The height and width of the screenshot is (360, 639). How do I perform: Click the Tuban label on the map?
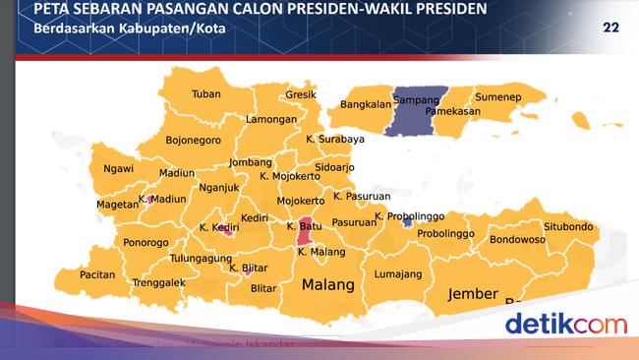tap(205, 95)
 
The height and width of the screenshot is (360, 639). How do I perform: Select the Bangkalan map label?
tap(365, 104)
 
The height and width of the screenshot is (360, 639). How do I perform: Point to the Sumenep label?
tap(497, 98)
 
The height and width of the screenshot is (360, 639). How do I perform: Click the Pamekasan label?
tap(453, 112)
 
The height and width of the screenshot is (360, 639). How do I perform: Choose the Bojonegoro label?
tap(193, 140)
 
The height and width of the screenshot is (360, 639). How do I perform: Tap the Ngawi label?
tap(118, 168)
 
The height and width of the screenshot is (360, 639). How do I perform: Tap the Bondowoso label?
tap(517, 239)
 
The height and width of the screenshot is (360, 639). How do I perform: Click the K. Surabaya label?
tap(334, 140)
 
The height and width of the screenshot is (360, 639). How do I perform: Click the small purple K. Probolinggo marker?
tap(406, 222)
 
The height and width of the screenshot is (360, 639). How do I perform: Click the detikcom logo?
tap(565, 323)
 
